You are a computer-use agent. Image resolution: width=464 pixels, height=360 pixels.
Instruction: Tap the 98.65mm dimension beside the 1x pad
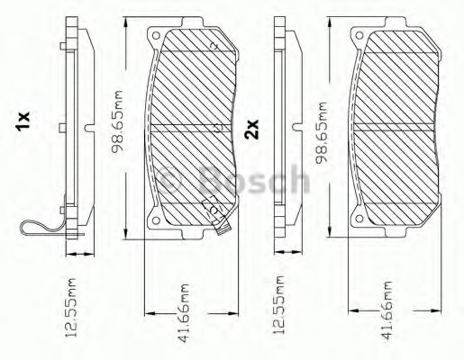coord(117,122)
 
